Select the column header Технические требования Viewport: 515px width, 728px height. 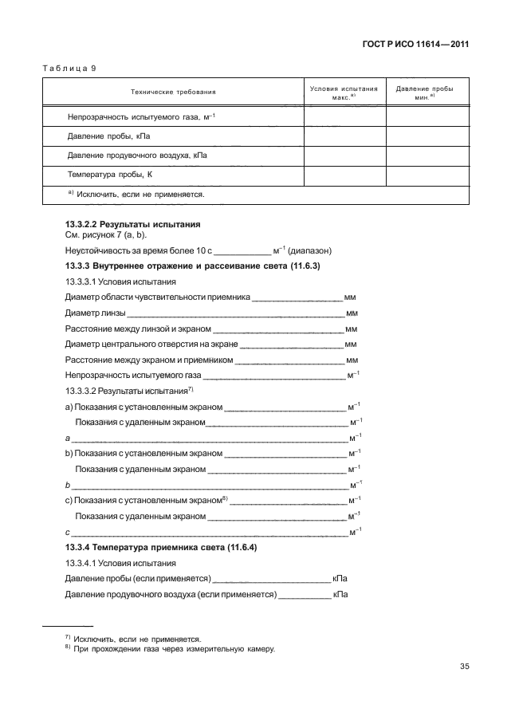(172, 92)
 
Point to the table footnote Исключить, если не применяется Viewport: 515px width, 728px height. (137, 194)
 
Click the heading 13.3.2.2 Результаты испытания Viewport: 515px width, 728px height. (132, 224)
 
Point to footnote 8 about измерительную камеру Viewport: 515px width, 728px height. (174, 648)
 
